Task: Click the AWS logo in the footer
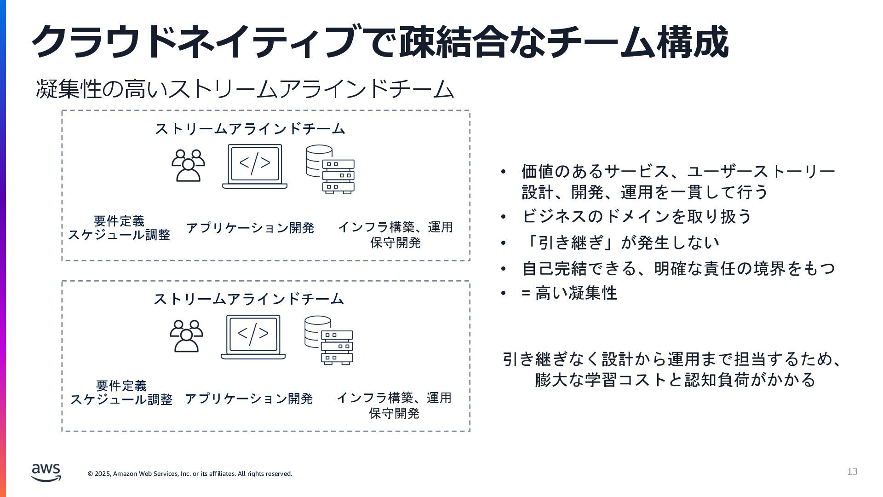(x=46, y=473)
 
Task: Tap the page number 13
(x=852, y=472)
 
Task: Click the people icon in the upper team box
(x=188, y=166)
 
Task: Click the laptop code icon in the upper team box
(x=255, y=167)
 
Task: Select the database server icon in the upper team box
(x=330, y=169)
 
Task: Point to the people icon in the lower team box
(x=186, y=336)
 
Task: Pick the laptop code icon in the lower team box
(x=253, y=337)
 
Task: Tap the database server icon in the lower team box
(x=329, y=340)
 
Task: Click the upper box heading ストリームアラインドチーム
(x=250, y=129)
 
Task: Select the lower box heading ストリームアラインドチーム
(x=249, y=299)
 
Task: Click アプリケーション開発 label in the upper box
(x=250, y=228)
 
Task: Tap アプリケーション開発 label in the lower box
(x=249, y=399)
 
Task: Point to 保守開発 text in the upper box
(x=396, y=243)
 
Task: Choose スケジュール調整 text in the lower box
(x=121, y=399)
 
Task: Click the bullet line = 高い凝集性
(x=569, y=293)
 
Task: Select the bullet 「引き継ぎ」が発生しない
(x=620, y=243)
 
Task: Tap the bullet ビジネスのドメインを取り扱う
(x=637, y=216)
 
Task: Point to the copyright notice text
(x=190, y=474)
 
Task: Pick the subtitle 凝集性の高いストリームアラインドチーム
(x=245, y=89)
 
